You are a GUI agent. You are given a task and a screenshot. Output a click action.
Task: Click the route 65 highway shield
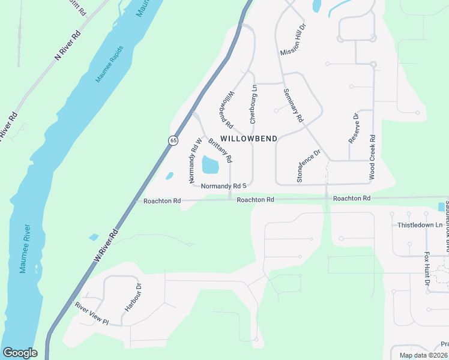coord(173,140)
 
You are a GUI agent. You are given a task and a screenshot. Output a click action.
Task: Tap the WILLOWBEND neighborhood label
coord(252,139)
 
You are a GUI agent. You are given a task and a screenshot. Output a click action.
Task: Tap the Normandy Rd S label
coord(224,187)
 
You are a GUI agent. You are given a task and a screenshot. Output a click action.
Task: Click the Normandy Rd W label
coord(193,161)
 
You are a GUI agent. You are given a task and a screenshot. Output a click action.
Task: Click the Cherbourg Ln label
coord(253,104)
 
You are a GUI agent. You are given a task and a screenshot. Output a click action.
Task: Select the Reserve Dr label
coord(354,128)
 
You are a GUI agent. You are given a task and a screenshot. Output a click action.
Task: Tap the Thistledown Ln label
coord(420,225)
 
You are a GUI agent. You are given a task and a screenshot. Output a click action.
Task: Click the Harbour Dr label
coord(133,298)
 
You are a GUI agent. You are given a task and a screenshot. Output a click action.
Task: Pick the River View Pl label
coord(91,313)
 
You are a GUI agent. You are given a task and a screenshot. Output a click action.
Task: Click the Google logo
coord(20,353)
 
